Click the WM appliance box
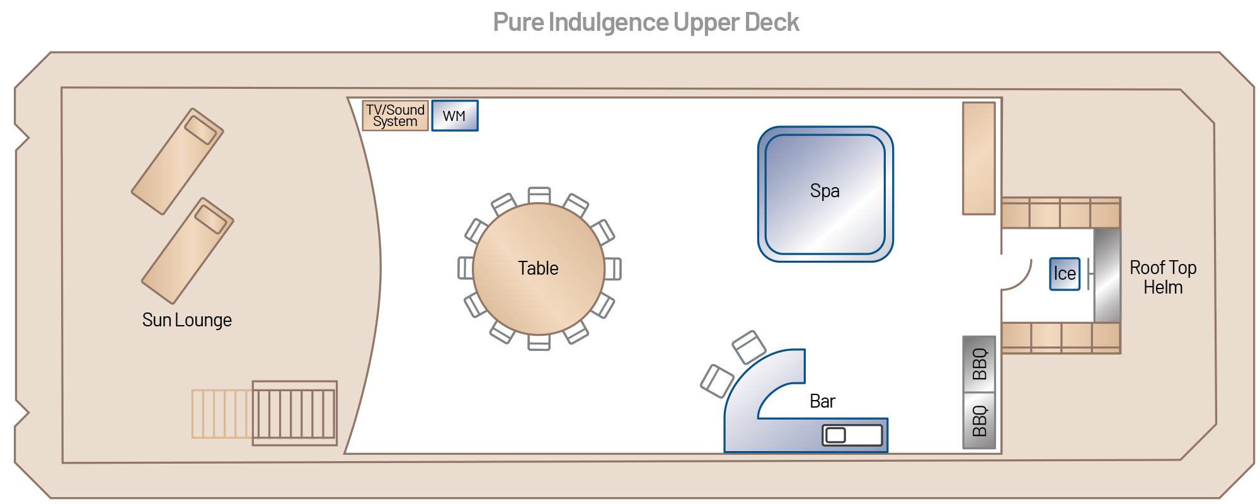[x=454, y=116]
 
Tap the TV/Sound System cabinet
[x=395, y=116]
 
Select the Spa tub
[x=825, y=194]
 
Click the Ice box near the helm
[x=1064, y=274]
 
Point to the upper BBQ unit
[x=979, y=364]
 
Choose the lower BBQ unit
[x=979, y=421]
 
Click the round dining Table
[x=538, y=269]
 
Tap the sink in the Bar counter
[x=851, y=435]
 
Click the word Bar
[x=822, y=401]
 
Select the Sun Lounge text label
[x=187, y=320]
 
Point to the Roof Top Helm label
[x=1163, y=277]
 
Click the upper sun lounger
[x=177, y=161]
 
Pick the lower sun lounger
[x=187, y=251]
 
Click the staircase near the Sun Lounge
[x=294, y=413]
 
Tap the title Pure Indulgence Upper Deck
[x=646, y=23]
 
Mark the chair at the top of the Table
[x=539, y=195]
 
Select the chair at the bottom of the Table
[x=539, y=342]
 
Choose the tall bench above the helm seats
[x=978, y=158]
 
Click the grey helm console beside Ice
[x=1107, y=275]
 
